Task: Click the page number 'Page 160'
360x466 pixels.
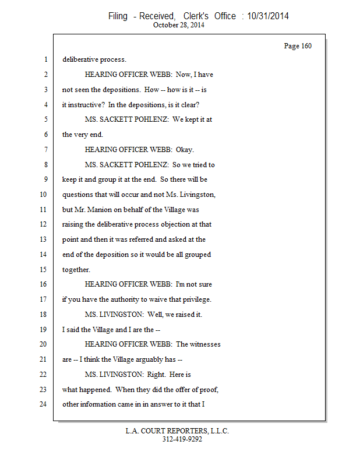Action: pos(297,46)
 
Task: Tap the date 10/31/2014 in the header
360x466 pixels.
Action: pos(268,16)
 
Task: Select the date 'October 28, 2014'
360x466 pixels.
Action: pos(179,25)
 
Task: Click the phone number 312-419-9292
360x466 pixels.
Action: pos(182,439)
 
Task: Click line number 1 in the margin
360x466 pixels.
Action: pos(45,59)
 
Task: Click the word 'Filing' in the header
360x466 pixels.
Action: pos(118,16)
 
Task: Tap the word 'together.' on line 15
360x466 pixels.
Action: pos(76,270)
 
